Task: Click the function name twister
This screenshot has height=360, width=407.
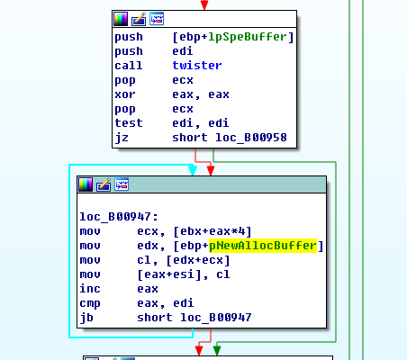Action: click(197, 66)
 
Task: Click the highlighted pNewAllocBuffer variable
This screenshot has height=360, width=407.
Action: click(263, 246)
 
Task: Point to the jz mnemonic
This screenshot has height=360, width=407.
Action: click(122, 138)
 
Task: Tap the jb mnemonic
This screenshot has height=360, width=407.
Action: click(86, 318)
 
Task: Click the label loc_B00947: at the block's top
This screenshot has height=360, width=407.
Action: click(119, 217)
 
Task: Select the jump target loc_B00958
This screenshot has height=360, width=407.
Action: click(251, 138)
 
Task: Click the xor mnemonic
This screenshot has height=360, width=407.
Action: click(125, 94)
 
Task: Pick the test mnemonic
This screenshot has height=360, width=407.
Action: click(129, 123)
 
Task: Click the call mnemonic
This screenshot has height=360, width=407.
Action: click(129, 66)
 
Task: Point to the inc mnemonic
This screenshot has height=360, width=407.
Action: click(90, 289)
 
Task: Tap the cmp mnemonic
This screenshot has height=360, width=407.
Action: click(90, 303)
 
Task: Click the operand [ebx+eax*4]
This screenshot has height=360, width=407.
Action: click(213, 231)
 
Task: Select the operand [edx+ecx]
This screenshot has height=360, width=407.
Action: click(198, 260)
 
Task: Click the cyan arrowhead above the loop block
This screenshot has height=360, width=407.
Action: click(193, 170)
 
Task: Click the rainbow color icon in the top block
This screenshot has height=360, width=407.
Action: click(121, 19)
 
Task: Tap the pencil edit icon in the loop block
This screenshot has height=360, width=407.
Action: click(104, 184)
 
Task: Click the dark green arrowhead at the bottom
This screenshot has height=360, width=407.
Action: click(217, 351)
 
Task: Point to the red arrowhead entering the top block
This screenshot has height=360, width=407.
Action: click(204, 5)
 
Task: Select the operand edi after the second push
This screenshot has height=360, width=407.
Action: click(183, 51)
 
